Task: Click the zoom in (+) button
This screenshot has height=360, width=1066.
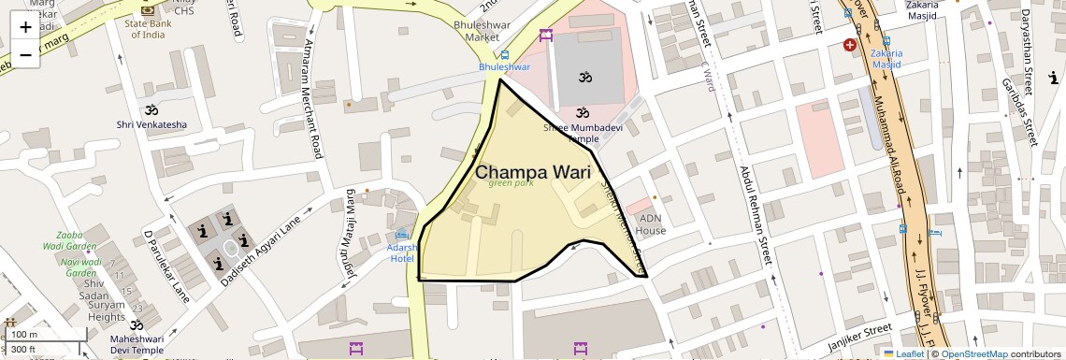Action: click(x=25, y=27)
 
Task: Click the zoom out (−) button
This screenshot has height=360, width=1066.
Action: click(x=25, y=54)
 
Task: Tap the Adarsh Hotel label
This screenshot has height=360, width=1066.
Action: click(x=403, y=252)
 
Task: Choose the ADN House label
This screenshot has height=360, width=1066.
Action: click(x=651, y=224)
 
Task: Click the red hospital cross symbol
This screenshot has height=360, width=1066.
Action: click(x=850, y=45)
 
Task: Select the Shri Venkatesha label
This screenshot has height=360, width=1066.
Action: click(x=151, y=124)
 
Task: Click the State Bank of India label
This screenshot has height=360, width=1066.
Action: click(x=148, y=29)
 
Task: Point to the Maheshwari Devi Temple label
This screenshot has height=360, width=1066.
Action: click(x=137, y=345)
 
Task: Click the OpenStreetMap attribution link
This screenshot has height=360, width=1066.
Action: click(x=974, y=353)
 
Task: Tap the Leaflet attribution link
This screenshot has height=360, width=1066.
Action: click(x=905, y=353)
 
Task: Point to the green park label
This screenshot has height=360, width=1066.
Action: click(x=511, y=183)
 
